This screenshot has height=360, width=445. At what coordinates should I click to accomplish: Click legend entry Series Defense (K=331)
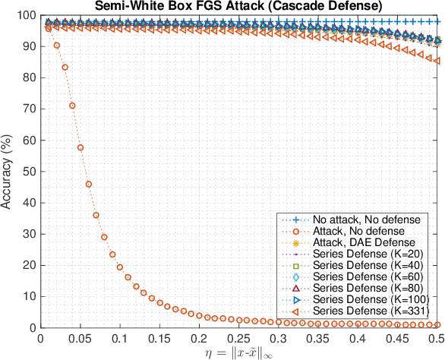365,312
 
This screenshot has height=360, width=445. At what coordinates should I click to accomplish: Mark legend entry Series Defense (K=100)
365,301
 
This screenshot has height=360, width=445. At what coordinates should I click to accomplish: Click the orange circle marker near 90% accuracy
57,46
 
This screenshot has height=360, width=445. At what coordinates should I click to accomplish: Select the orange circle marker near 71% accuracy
73,106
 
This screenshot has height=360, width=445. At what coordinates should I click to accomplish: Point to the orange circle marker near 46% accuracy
89,184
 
